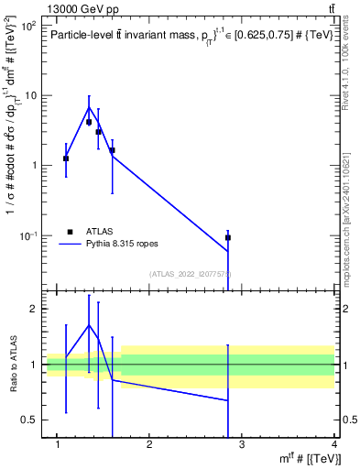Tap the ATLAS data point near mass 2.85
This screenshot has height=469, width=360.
click(x=228, y=237)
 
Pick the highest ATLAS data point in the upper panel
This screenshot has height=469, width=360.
click(x=89, y=122)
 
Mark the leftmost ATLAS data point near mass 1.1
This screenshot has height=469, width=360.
click(x=66, y=158)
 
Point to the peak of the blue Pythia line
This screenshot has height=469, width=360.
click(x=89, y=107)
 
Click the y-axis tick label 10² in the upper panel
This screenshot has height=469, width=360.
click(x=30, y=26)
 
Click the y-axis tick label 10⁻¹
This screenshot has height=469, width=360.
click(x=30, y=235)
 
